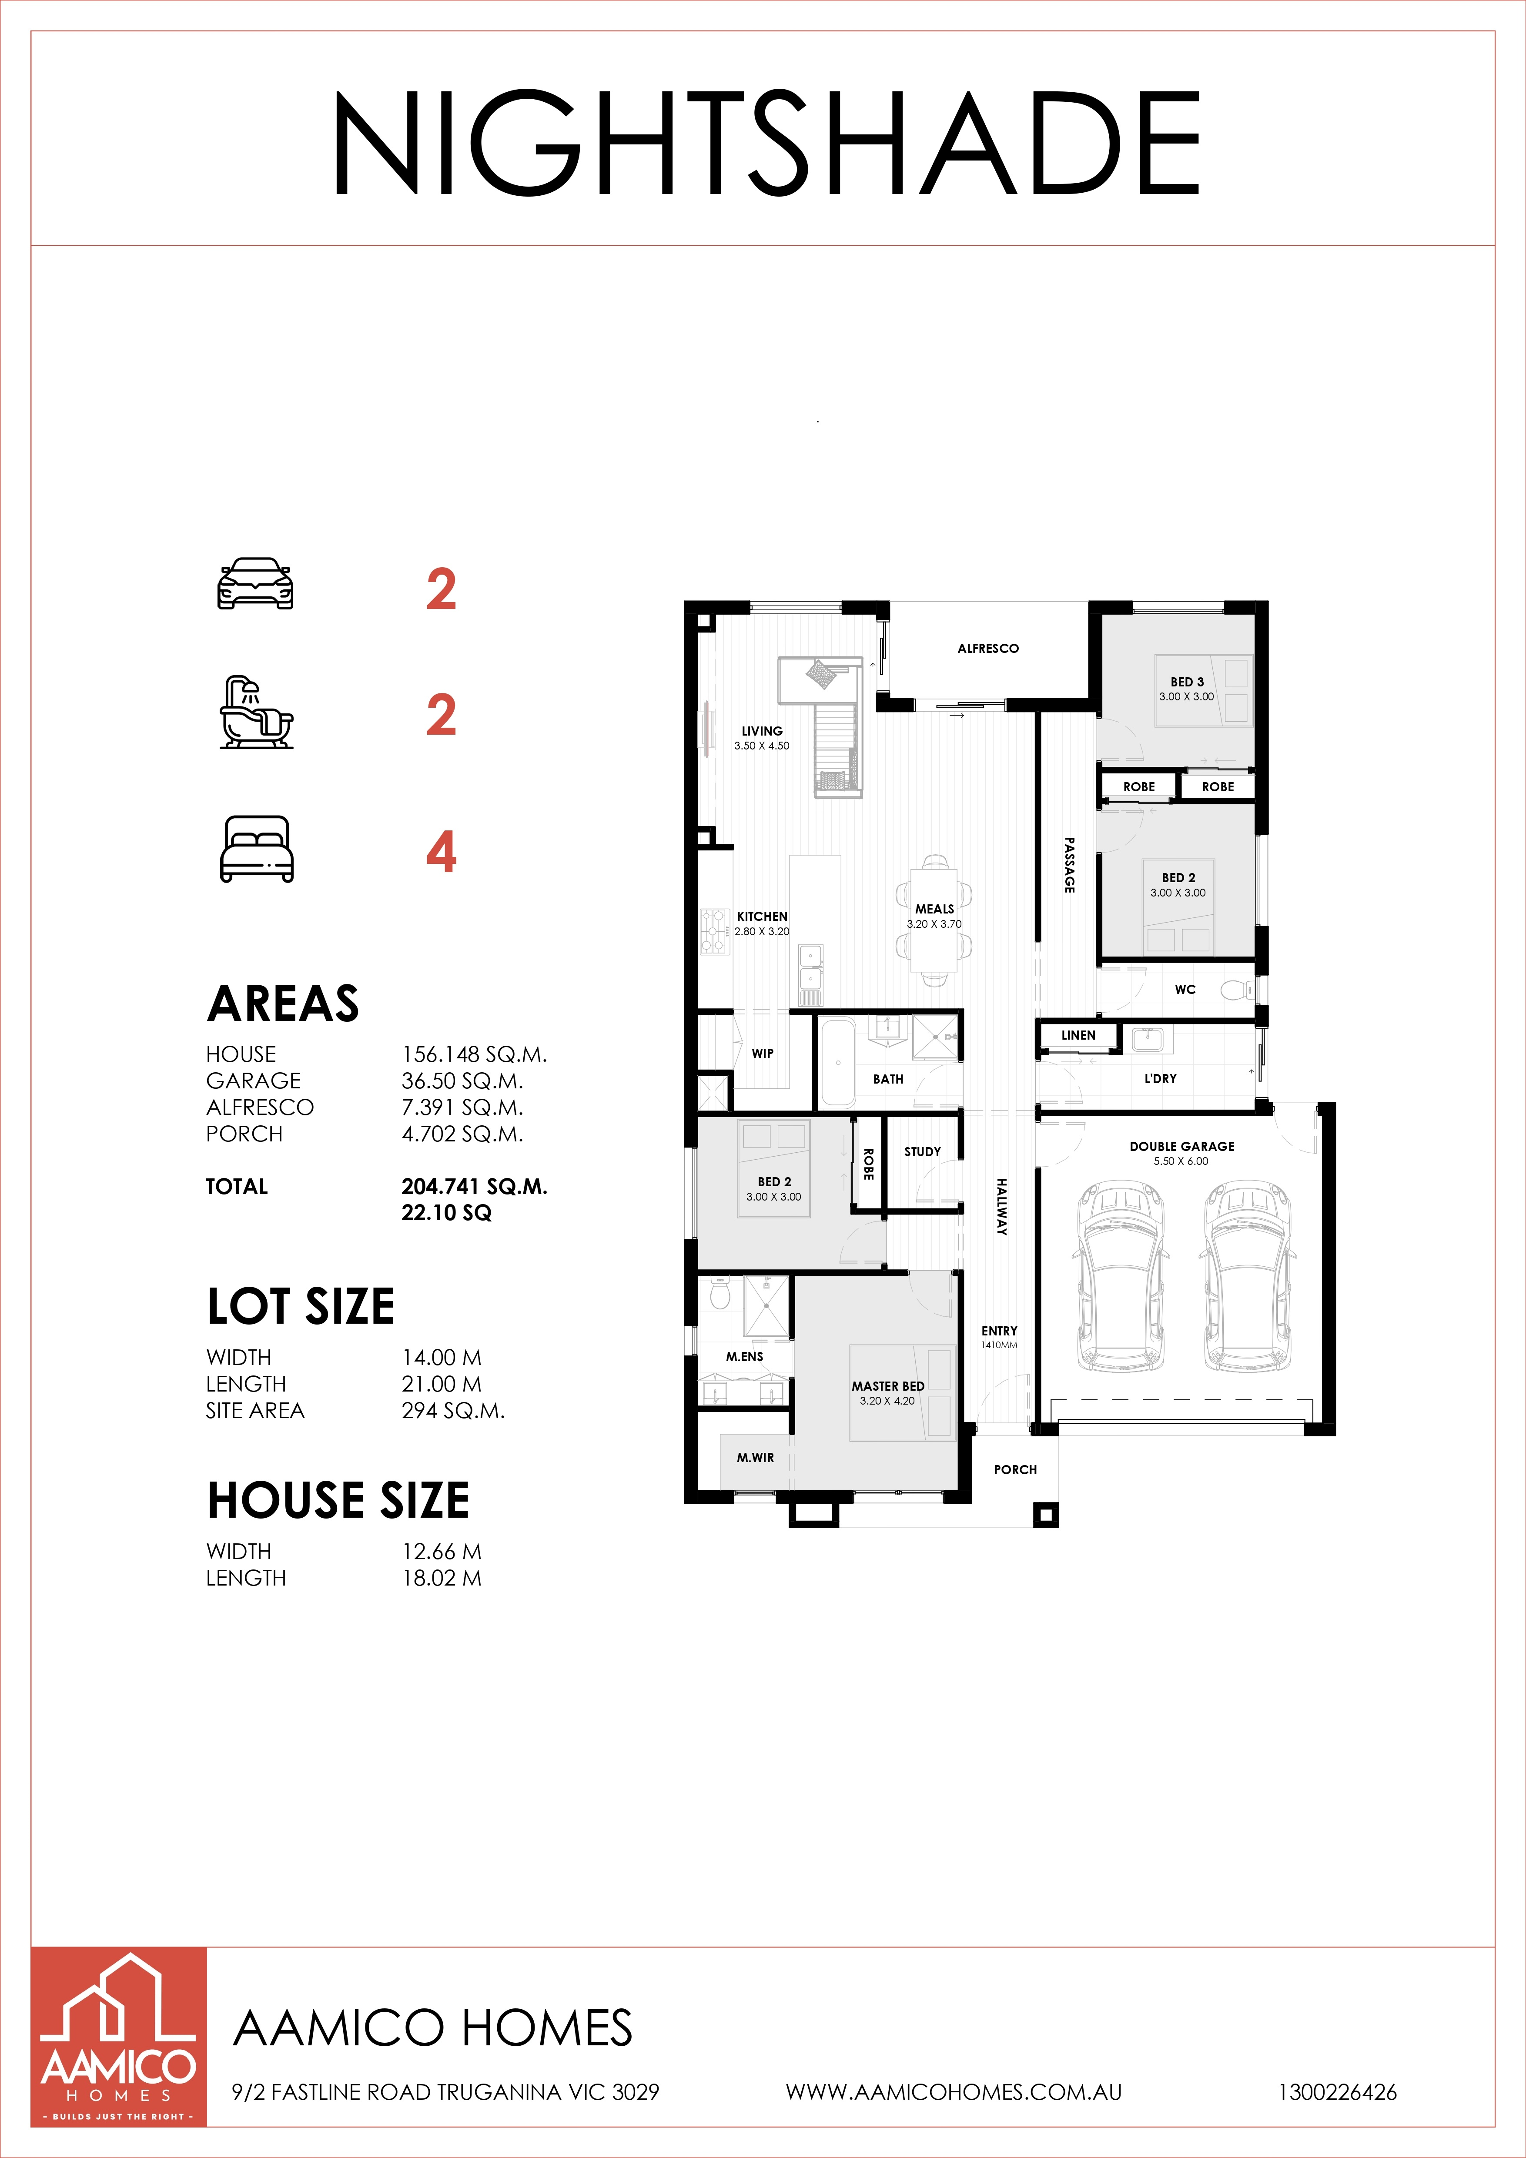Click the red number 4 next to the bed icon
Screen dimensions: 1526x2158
coord(441,853)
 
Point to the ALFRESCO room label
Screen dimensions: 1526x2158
coord(987,649)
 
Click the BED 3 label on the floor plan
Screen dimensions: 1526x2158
coord(1187,682)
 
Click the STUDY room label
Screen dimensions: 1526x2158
coord(922,1151)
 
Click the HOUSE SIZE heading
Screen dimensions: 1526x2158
coord(338,1500)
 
